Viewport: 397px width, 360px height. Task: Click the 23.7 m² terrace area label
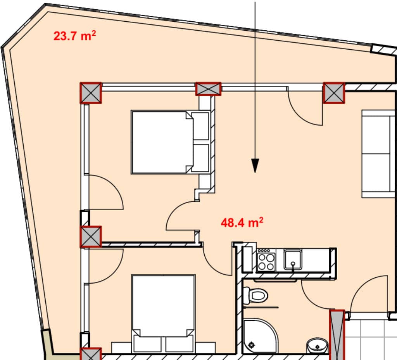click(74, 36)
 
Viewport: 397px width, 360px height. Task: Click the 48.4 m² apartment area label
click(242, 223)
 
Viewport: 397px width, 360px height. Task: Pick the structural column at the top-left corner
click(91, 93)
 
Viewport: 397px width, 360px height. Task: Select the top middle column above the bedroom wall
click(208, 88)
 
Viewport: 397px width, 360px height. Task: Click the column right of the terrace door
click(334, 93)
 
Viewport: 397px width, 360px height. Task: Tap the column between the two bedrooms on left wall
click(91, 237)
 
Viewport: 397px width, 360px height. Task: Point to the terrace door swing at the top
click(306, 107)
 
